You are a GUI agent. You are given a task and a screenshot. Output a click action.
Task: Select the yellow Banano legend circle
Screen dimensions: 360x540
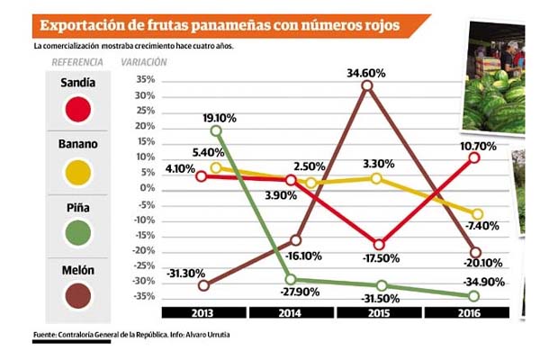(79, 171)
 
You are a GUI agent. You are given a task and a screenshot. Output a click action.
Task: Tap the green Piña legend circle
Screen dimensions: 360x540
(79, 233)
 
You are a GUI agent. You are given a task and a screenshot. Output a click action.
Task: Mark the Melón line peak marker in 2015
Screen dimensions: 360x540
(366, 86)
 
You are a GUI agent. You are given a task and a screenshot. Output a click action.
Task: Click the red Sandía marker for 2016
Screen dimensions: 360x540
(474, 157)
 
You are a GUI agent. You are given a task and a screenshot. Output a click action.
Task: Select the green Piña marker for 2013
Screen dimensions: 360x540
(216, 131)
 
